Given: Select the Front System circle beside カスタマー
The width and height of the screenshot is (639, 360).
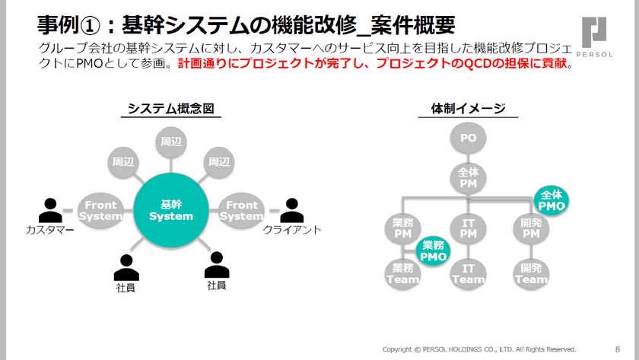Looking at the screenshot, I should pos(101,211).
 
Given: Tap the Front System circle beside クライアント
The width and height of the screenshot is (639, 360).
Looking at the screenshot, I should pos(242,211).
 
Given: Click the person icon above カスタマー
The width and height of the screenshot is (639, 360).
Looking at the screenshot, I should pos(50,209).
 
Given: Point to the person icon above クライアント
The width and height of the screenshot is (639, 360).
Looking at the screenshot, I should pos(292,210).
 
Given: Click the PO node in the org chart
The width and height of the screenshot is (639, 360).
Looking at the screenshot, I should pos(468,139).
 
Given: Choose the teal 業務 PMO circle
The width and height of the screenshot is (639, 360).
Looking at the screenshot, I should pos(434,251).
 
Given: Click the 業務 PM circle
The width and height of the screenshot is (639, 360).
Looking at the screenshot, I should pos(403,228).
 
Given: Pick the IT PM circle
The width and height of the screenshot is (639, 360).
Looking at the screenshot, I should pos(468,228).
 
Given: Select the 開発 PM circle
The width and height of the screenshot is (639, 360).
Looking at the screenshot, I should pos(531,228).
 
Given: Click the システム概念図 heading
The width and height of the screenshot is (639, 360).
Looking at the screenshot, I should pos(168,110).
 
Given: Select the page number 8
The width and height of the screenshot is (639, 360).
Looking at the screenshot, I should pos(617,349).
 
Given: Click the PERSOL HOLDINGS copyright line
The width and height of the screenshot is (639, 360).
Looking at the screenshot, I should pos(479,349).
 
